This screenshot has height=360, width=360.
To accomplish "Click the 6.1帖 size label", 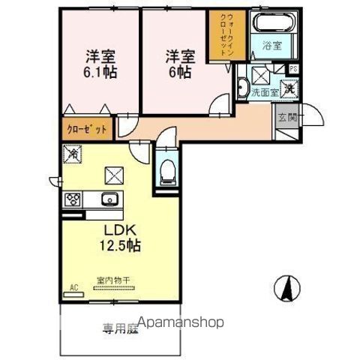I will point(99,72).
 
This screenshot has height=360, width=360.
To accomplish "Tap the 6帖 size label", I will point(179,72).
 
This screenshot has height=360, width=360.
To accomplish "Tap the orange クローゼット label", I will point(86,128).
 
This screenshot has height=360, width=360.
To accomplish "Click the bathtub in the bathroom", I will point(273,23).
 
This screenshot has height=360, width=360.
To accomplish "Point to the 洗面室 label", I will point(263,93).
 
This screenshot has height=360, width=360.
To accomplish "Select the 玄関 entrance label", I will point(286,118).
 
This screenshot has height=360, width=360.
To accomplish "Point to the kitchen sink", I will point(106,199).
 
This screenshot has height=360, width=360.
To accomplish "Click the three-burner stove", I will point(73,199).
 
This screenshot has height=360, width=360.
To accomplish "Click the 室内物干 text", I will point(113,281).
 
